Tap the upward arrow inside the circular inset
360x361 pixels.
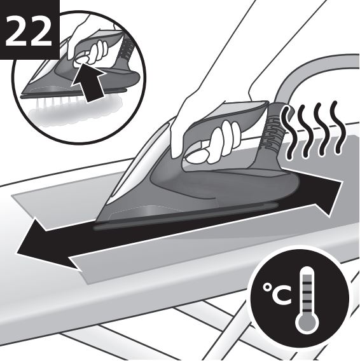pos(88,83)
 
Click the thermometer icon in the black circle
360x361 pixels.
pos(307,300)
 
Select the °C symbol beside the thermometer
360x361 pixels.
pos(277,294)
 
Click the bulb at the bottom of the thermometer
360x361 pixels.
pos(307,323)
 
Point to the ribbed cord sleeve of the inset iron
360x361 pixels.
pos(125,49)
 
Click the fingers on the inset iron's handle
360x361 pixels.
pos(99,52)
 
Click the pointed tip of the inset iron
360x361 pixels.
pos(21,95)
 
